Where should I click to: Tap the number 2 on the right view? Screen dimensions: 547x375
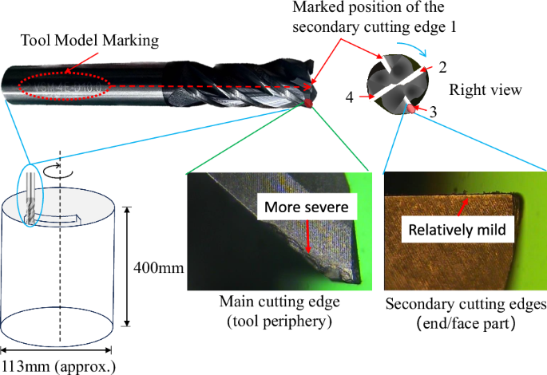coord(440,65)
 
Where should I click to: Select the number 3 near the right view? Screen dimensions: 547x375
coord(433,112)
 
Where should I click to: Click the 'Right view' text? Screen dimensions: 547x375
coord(486,90)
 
